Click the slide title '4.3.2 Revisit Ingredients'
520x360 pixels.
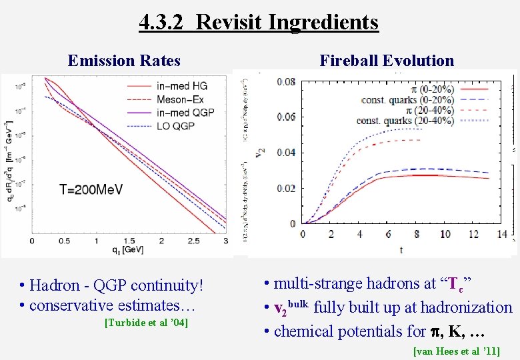pos(259,22)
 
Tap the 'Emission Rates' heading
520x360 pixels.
pos(124,61)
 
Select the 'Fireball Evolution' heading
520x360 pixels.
pos(387,61)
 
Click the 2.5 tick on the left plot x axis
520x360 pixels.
pos(193,240)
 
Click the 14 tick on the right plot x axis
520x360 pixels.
pos(502,235)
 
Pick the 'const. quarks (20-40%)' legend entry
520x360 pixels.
pos(404,121)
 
